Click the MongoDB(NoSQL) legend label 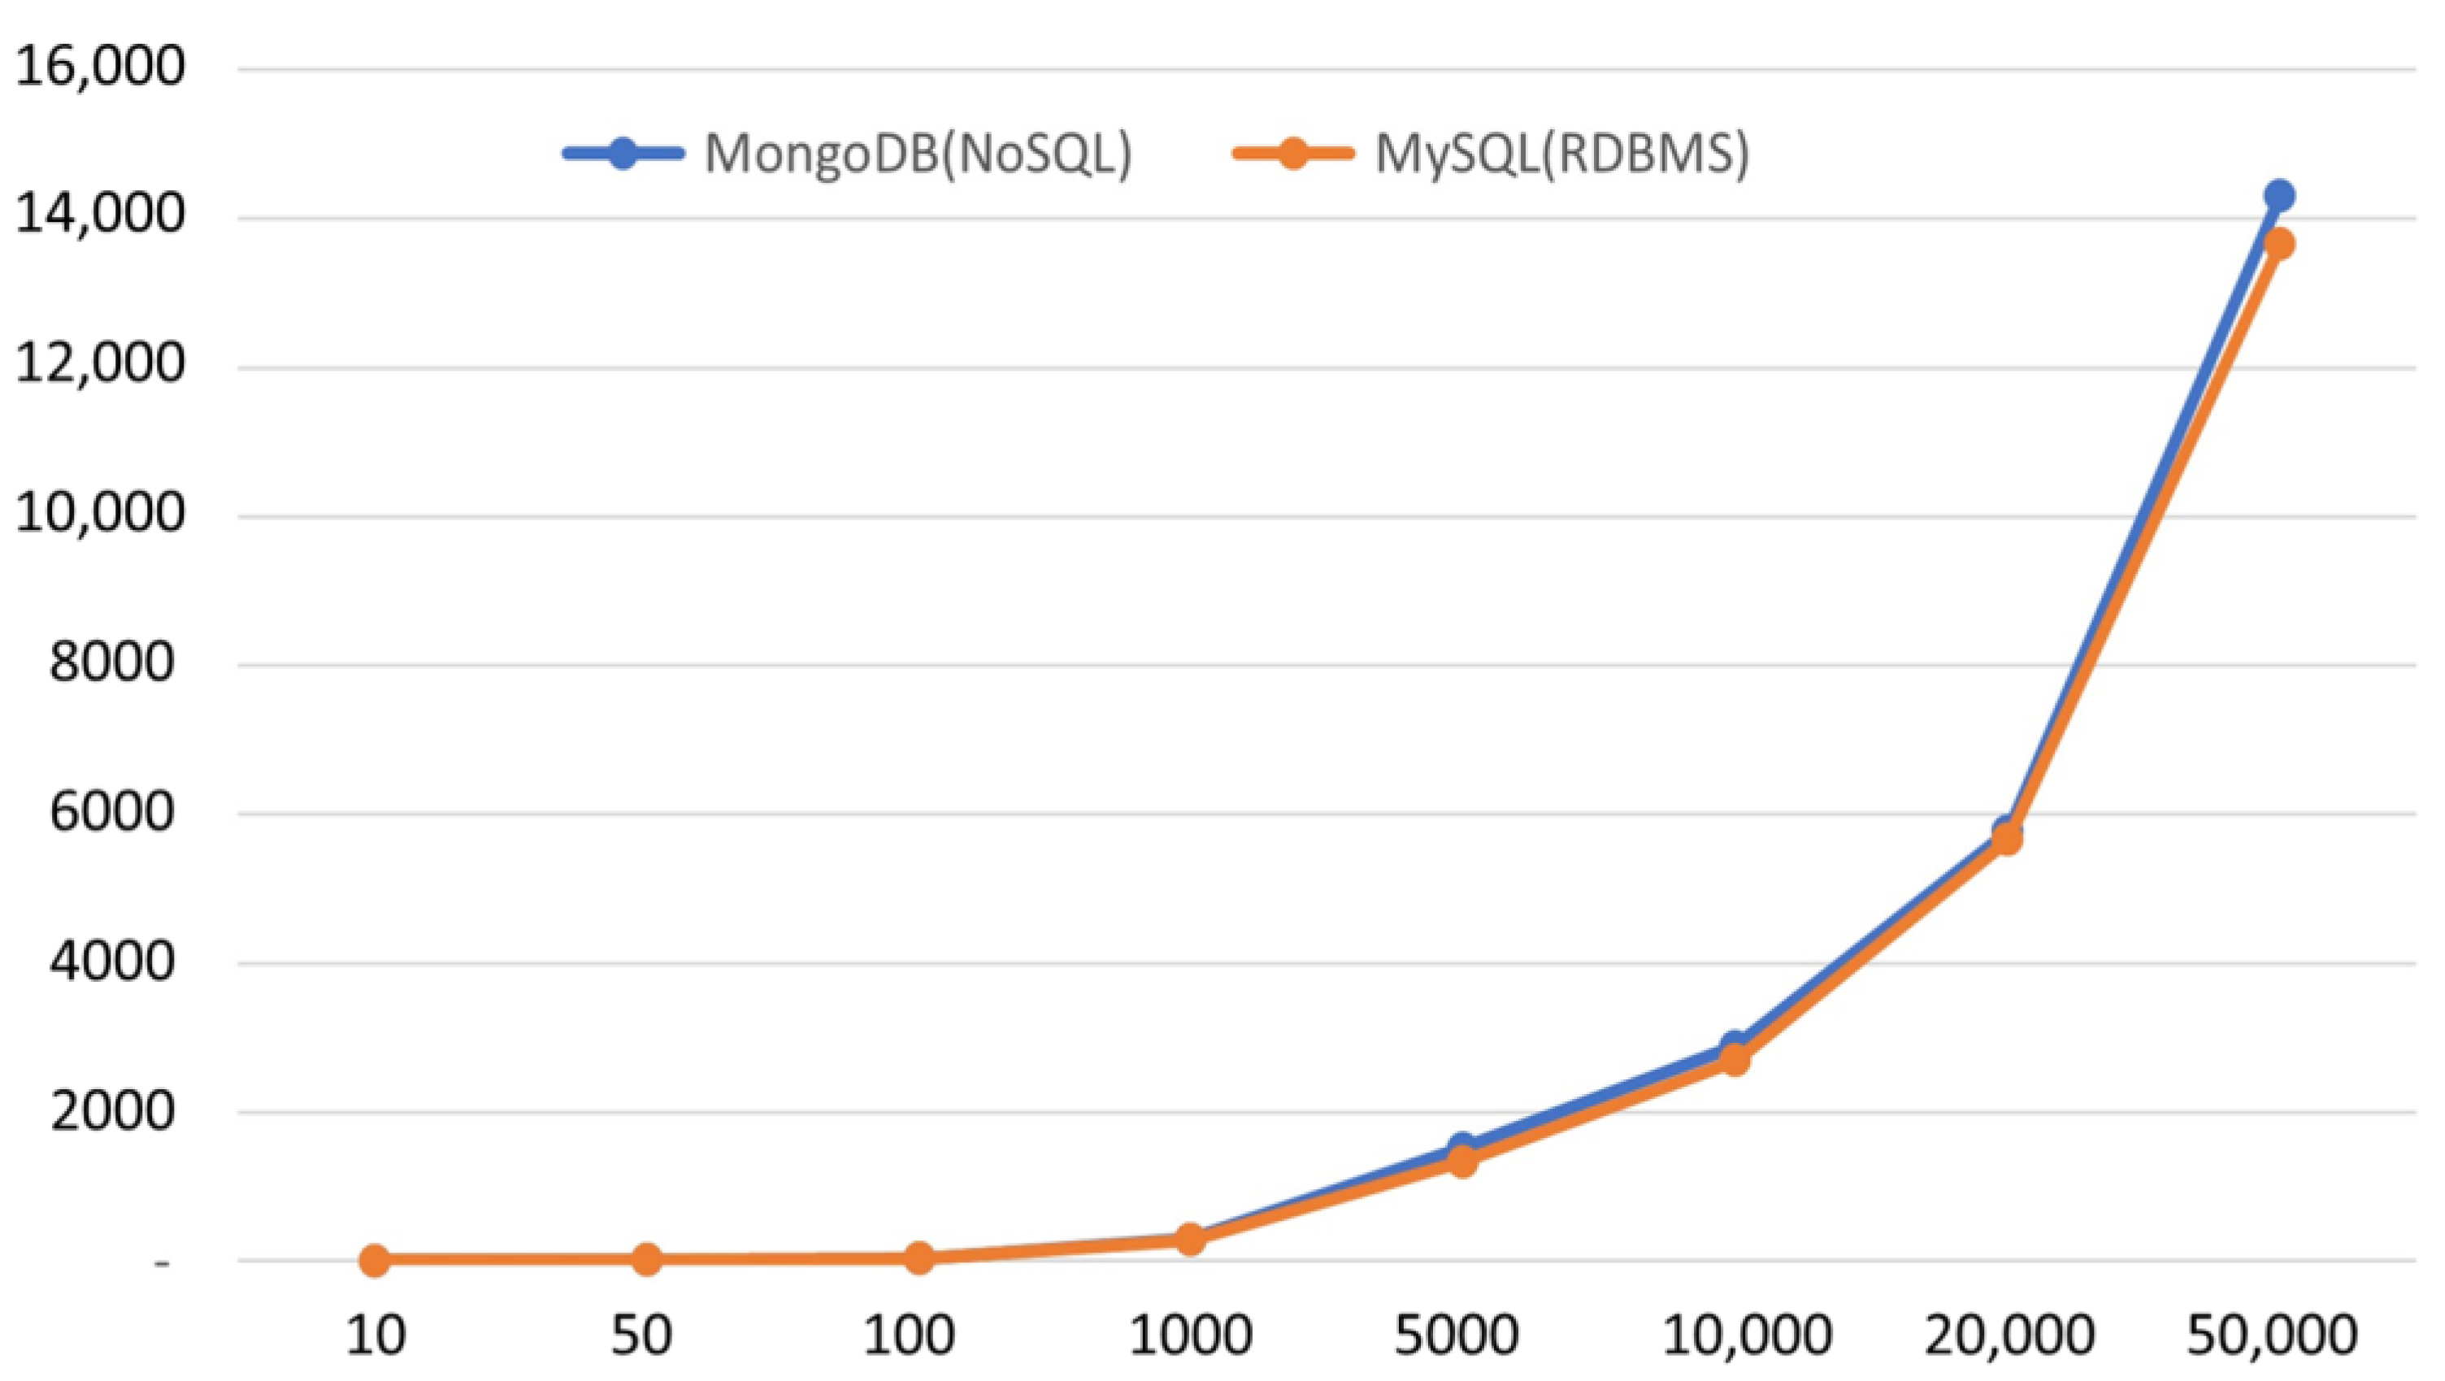[918, 154]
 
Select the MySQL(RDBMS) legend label [1561, 154]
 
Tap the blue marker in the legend [623, 153]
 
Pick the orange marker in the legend [1292, 153]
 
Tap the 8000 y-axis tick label [112, 663]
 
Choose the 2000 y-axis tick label [112, 1111]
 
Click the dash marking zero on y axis [163, 1263]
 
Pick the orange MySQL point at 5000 [1462, 1161]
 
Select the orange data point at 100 [919, 1258]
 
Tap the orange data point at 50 [646, 1261]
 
